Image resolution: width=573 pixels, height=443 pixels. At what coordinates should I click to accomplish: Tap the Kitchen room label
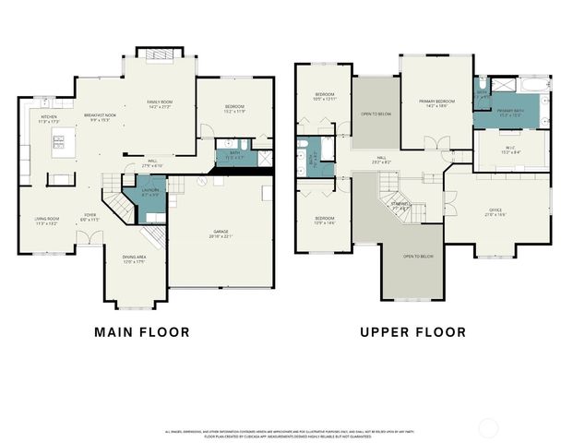point(48,119)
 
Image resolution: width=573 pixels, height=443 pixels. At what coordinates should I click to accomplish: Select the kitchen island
point(63,141)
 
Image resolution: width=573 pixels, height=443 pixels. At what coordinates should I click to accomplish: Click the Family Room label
point(160,104)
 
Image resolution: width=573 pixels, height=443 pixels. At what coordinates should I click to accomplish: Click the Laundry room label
point(149,194)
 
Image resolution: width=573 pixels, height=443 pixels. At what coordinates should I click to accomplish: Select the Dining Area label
point(136,262)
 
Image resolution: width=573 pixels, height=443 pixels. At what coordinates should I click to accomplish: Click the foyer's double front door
point(89,238)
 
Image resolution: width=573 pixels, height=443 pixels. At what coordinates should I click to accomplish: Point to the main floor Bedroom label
point(233,110)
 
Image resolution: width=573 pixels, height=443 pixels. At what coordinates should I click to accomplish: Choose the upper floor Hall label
point(381,160)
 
